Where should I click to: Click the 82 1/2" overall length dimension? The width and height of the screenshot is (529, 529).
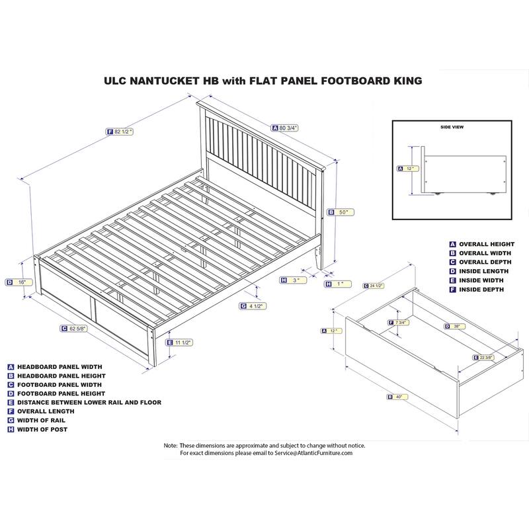[123, 132]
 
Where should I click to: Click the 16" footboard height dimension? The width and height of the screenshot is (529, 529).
[22, 282]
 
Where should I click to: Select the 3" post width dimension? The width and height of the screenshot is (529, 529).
[296, 280]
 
